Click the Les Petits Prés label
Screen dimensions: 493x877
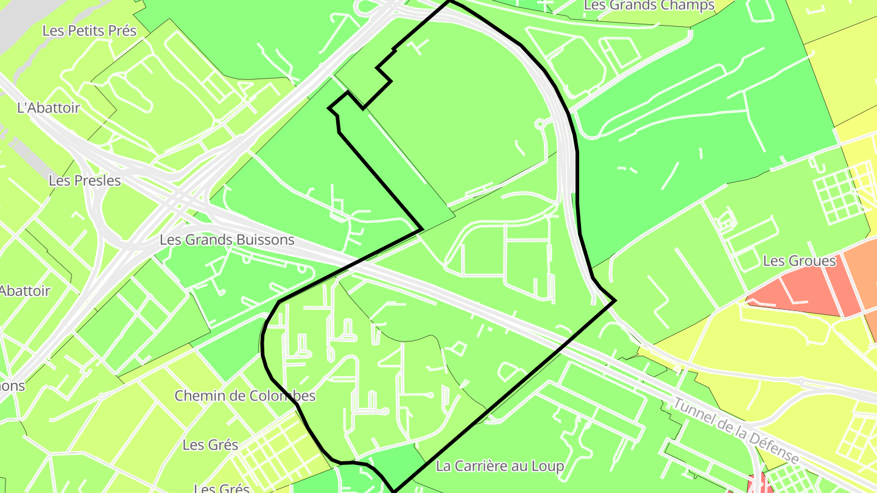[90, 30]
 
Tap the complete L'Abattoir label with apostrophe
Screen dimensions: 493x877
[49, 108]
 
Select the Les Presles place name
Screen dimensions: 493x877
[85, 181]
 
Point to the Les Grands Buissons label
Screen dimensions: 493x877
[227, 240]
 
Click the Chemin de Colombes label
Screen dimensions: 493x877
[245, 396]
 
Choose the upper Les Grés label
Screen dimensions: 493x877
[210, 445]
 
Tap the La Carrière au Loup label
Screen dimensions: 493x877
[500, 466]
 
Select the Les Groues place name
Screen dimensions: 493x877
[799, 261]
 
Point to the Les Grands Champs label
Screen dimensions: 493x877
[649, 5]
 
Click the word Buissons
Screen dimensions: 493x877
[265, 240]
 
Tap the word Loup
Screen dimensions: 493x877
[548, 466]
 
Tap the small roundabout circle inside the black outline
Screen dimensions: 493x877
[539, 124]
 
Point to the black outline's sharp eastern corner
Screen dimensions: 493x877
[616, 300]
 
